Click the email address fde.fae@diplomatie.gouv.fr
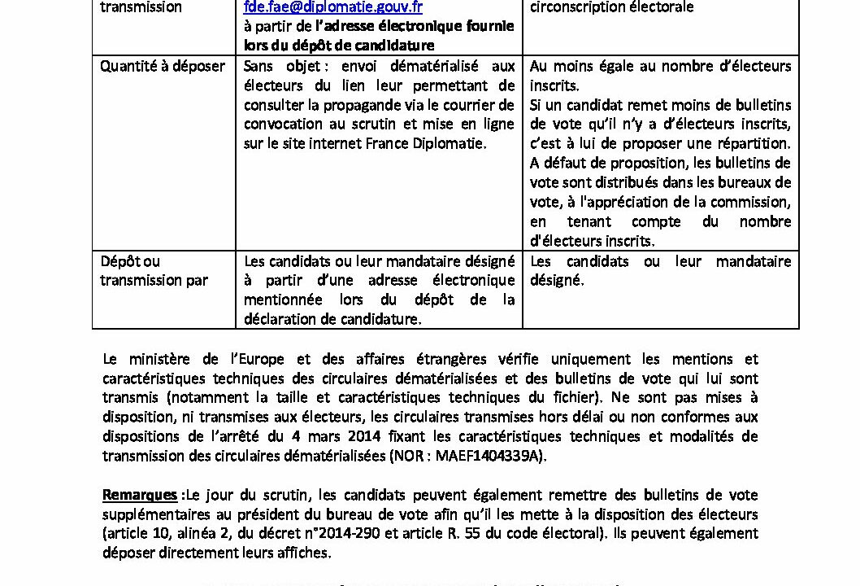[332, 7]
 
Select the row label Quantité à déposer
[162, 66]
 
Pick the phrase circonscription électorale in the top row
[611, 7]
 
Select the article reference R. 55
[603, 534]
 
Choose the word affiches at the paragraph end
[304, 553]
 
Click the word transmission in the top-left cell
[141, 7]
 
